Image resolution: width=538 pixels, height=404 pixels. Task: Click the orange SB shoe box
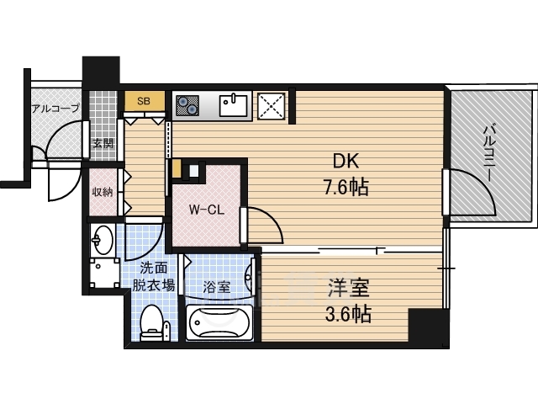point(144,101)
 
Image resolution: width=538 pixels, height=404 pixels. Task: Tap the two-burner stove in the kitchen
point(187,105)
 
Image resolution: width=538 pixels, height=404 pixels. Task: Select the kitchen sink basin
point(234,106)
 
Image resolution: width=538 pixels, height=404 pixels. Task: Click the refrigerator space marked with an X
point(271,106)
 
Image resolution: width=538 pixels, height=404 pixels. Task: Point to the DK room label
point(345,161)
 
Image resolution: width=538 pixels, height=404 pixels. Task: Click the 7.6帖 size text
point(346,188)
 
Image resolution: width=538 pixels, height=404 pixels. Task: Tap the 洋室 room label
point(349,288)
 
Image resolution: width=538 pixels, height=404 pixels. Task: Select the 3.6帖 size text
point(348,314)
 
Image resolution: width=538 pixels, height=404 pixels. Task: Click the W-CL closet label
point(207,210)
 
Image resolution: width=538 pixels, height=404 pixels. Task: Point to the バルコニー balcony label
point(489,153)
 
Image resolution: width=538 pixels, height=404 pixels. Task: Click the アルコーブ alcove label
point(55,109)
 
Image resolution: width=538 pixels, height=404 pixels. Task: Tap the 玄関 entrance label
point(103,143)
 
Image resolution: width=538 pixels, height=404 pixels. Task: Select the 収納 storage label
point(103,192)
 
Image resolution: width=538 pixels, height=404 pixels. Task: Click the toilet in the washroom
point(151,322)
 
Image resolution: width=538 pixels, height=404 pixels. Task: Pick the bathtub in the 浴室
point(219,323)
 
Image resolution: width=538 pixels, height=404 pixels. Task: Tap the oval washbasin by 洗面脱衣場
point(103,240)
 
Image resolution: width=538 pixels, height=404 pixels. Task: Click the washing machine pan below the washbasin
point(103,274)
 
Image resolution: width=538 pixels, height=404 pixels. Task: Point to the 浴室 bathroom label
point(216,287)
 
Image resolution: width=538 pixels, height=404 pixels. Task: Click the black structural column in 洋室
point(429,328)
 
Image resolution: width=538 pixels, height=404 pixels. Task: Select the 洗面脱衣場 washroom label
point(153,277)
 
